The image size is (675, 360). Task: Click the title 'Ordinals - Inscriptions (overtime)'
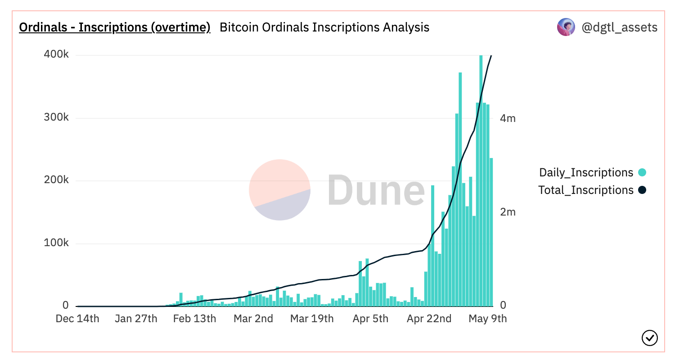[x=114, y=27]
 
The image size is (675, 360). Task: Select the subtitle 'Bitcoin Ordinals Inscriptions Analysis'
[x=324, y=27]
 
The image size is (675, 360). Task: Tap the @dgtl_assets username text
[x=619, y=27]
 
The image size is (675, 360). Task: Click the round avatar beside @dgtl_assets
[x=566, y=27]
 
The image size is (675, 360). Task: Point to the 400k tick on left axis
[x=56, y=54]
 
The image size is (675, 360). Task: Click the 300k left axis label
[x=56, y=117]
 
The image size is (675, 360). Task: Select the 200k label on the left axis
[x=56, y=180]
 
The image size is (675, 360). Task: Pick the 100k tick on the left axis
[x=56, y=243]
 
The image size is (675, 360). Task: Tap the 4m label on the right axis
[x=508, y=118]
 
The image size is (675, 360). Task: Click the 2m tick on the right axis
[x=508, y=212]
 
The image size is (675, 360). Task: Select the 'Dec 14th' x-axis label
[x=77, y=319]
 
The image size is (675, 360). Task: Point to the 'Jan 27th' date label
[x=136, y=319]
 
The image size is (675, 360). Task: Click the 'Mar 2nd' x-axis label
[x=253, y=319]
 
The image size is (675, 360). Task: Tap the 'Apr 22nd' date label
[x=429, y=319]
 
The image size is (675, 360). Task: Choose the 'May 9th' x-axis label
[x=487, y=319]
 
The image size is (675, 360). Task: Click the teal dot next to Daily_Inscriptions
[x=642, y=172]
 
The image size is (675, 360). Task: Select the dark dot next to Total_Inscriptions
[x=642, y=190]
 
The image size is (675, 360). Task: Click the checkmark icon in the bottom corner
[x=650, y=337]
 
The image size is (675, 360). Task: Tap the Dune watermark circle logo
[x=279, y=190]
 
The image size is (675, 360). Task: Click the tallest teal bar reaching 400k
[x=481, y=180]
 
